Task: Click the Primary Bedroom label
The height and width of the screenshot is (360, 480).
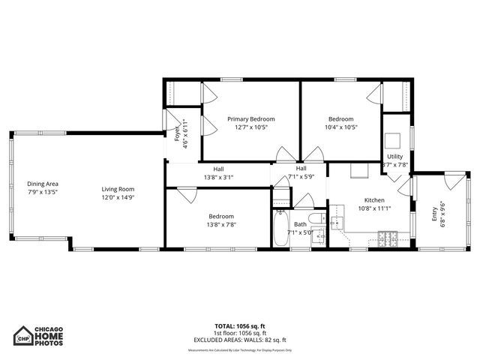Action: coord(251,118)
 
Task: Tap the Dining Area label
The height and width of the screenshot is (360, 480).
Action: coord(43,184)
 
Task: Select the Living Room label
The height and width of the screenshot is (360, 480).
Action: coord(118,189)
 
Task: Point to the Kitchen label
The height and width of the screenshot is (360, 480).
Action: coord(374,200)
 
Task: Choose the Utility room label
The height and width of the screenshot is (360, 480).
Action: coord(395,156)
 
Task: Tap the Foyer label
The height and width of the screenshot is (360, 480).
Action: coord(177,133)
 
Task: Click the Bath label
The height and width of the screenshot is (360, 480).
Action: coord(300,223)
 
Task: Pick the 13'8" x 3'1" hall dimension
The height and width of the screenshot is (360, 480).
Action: coord(218,178)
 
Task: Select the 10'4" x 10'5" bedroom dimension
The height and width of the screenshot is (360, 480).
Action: coord(342,127)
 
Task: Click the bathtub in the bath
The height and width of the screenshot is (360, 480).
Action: coord(280,229)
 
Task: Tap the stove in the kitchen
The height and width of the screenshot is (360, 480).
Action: coord(390,239)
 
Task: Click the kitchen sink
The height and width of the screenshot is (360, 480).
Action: coord(337,223)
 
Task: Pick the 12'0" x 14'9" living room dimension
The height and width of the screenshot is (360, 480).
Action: coord(118,197)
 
